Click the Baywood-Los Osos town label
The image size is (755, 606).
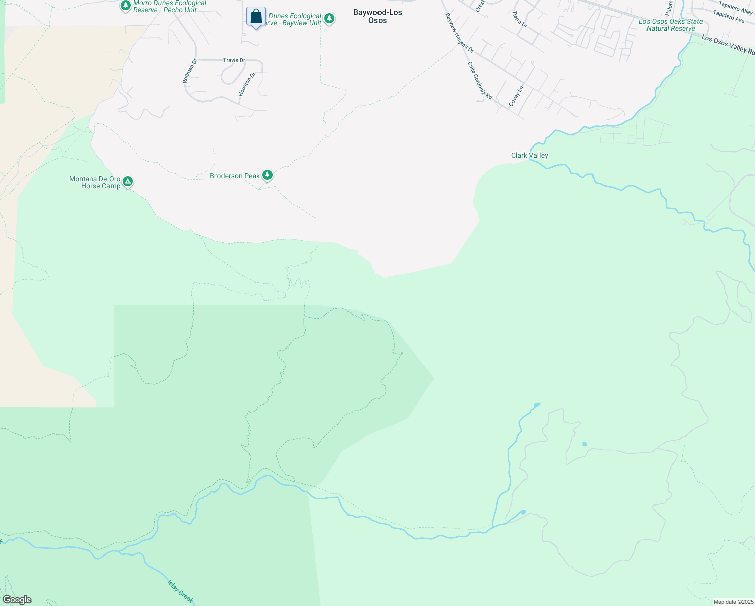click(377, 16)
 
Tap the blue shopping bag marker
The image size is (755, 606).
click(256, 17)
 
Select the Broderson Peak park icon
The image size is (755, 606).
click(267, 175)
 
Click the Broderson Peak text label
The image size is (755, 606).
click(235, 176)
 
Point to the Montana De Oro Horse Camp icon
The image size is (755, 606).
click(128, 181)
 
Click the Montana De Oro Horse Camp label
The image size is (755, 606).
click(95, 182)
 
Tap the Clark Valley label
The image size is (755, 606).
click(529, 155)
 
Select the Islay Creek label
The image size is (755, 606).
click(180, 590)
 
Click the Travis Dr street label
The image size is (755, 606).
click(234, 60)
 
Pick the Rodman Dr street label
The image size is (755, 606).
click(189, 71)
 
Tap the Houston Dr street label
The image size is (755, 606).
click(247, 84)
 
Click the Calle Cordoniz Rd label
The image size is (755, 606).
click(479, 81)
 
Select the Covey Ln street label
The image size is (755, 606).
click(516, 96)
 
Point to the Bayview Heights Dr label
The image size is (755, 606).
click(459, 33)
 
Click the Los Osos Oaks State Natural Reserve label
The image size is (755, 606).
click(671, 25)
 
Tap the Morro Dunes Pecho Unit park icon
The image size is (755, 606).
click(125, 5)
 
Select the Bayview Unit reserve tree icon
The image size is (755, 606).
click(329, 19)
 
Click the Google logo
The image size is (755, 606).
click(17, 600)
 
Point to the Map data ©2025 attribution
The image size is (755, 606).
click(733, 602)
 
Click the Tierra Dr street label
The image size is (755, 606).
click(519, 19)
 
